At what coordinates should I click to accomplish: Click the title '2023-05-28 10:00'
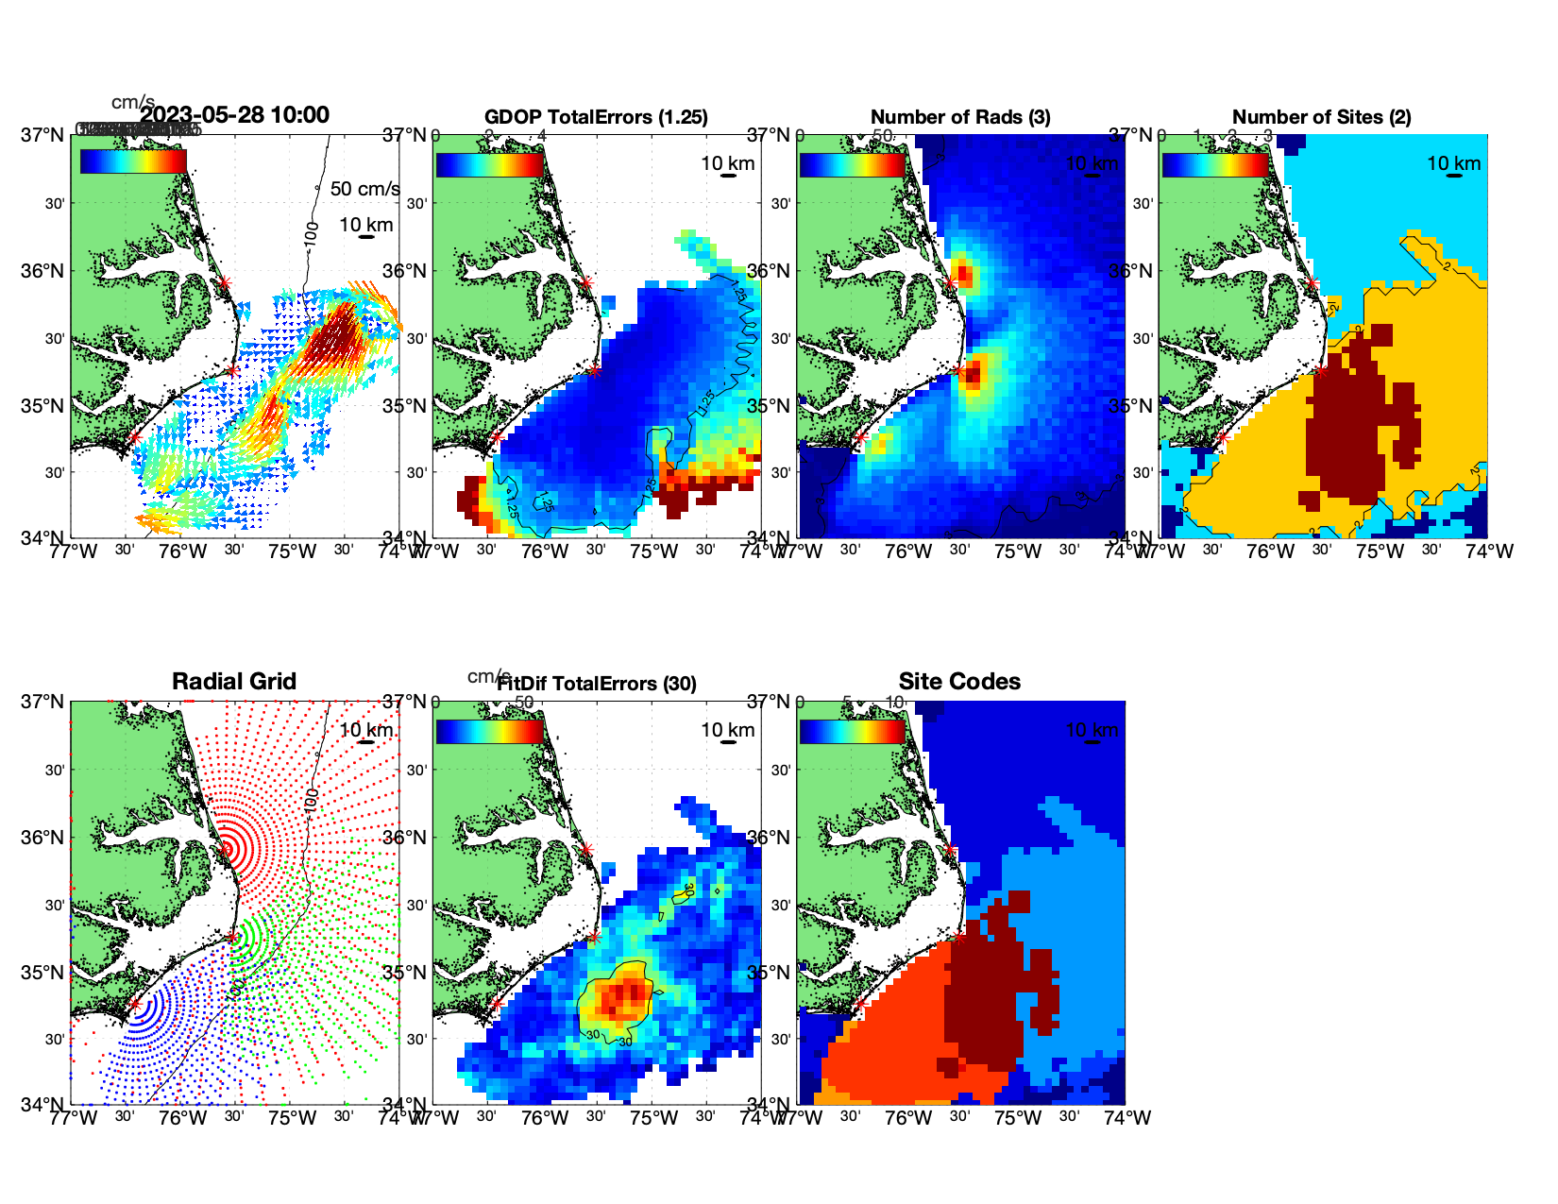[235, 115]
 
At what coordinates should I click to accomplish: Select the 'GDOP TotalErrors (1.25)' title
[596, 117]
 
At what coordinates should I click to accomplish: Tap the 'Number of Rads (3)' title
[960, 117]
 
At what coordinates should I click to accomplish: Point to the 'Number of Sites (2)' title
[1322, 117]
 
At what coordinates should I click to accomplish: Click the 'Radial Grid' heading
[234, 682]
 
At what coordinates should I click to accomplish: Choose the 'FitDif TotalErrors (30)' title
[597, 684]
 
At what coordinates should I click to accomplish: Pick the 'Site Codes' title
[959, 682]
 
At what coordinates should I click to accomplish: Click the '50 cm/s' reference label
[364, 189]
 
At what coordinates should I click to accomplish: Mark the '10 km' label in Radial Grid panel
[366, 730]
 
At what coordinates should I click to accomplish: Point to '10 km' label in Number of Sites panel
[1454, 163]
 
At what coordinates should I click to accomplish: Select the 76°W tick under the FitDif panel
[545, 1118]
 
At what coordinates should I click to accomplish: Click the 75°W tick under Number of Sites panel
[1380, 551]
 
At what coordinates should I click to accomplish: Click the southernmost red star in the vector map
[134, 437]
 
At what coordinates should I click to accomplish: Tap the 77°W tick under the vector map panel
[74, 551]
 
